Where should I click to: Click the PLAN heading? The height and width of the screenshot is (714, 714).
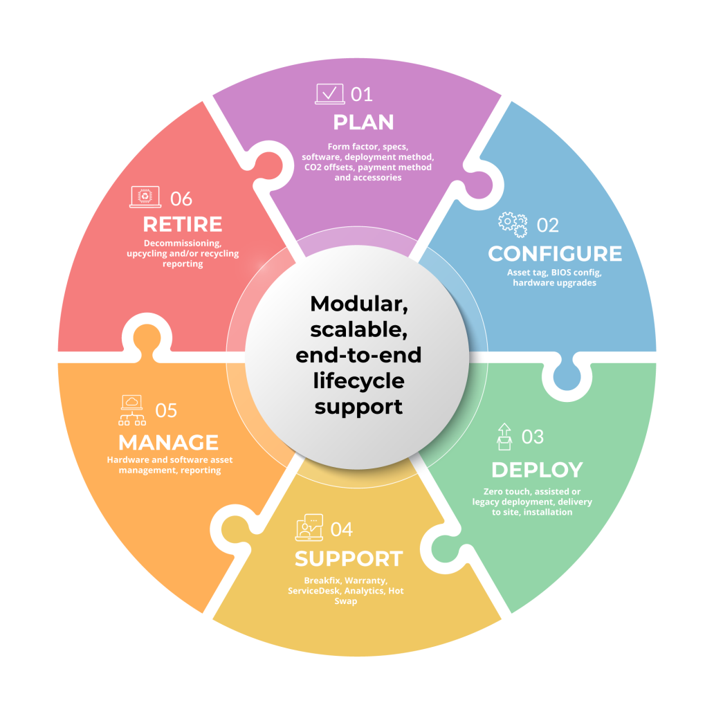click(363, 122)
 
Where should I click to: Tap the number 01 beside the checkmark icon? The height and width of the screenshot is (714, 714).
click(361, 93)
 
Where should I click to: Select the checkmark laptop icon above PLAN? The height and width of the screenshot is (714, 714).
click(329, 93)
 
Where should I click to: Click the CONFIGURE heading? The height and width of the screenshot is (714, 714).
click(555, 254)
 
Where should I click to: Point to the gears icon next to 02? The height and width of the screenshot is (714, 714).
click(513, 223)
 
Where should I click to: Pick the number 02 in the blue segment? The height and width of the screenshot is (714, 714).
click(547, 225)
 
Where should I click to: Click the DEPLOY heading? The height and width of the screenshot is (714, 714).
click(537, 470)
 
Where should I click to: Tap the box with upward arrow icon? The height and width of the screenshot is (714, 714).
click(504, 437)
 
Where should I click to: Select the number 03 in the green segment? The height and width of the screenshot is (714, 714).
click(532, 437)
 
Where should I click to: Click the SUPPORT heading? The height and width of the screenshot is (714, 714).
click(349, 558)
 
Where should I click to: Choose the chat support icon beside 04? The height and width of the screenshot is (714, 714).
click(309, 529)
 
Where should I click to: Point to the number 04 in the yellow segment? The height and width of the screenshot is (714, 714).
click(342, 529)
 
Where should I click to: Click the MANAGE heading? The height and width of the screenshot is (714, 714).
click(168, 442)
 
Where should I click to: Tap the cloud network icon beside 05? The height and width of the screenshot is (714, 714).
click(131, 410)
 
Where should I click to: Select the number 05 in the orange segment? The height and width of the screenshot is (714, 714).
click(166, 410)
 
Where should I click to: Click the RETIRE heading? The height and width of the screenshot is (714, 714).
click(183, 224)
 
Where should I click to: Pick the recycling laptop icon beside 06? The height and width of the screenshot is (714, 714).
click(145, 197)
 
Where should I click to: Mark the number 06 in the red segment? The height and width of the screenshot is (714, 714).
click(181, 199)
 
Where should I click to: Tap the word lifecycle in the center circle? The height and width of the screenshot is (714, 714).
click(358, 381)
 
